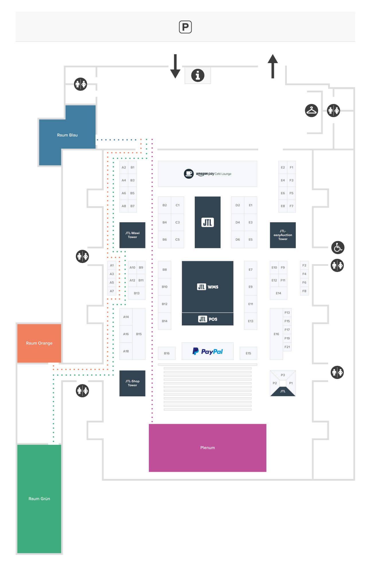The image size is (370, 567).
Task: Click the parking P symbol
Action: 185,27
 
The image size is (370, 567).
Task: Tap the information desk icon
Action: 198,75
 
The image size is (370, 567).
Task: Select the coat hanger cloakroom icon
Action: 311,110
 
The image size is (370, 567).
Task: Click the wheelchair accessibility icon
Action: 338,247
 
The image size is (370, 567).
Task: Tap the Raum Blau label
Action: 67,135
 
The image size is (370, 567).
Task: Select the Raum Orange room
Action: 39,343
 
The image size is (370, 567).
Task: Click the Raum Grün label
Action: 39,499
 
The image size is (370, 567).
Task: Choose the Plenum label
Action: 207,448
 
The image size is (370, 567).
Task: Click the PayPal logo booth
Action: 207,351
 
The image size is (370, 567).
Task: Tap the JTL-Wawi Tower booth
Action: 132,235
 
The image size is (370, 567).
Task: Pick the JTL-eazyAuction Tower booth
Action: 283,235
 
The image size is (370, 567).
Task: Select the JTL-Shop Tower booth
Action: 132,383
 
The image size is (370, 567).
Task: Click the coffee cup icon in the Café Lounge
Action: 188,174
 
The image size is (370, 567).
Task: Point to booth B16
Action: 167,353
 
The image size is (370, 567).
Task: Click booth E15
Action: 248,353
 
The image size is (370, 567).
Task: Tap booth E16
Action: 276,334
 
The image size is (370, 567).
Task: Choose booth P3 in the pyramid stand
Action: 283,375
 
